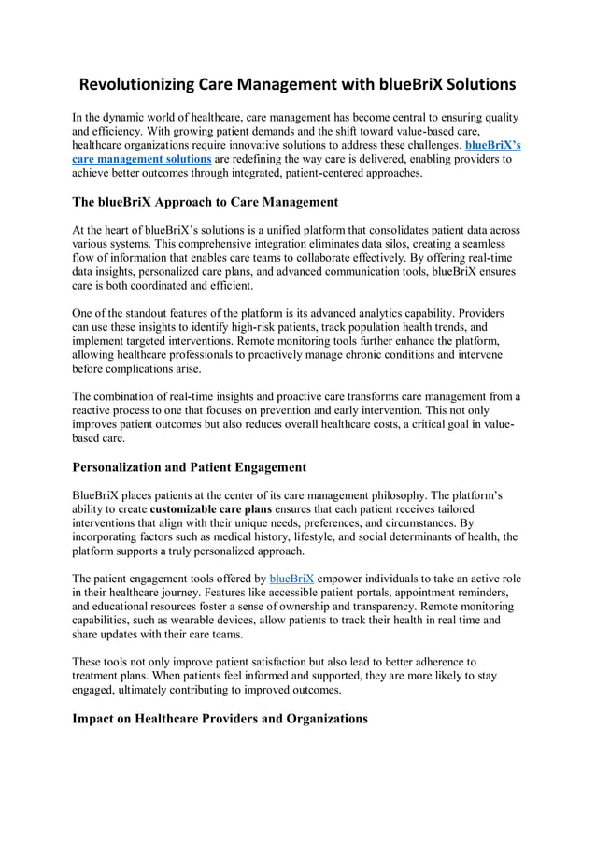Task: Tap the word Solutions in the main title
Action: click(x=475, y=85)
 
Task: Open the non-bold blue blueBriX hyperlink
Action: click(x=291, y=579)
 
